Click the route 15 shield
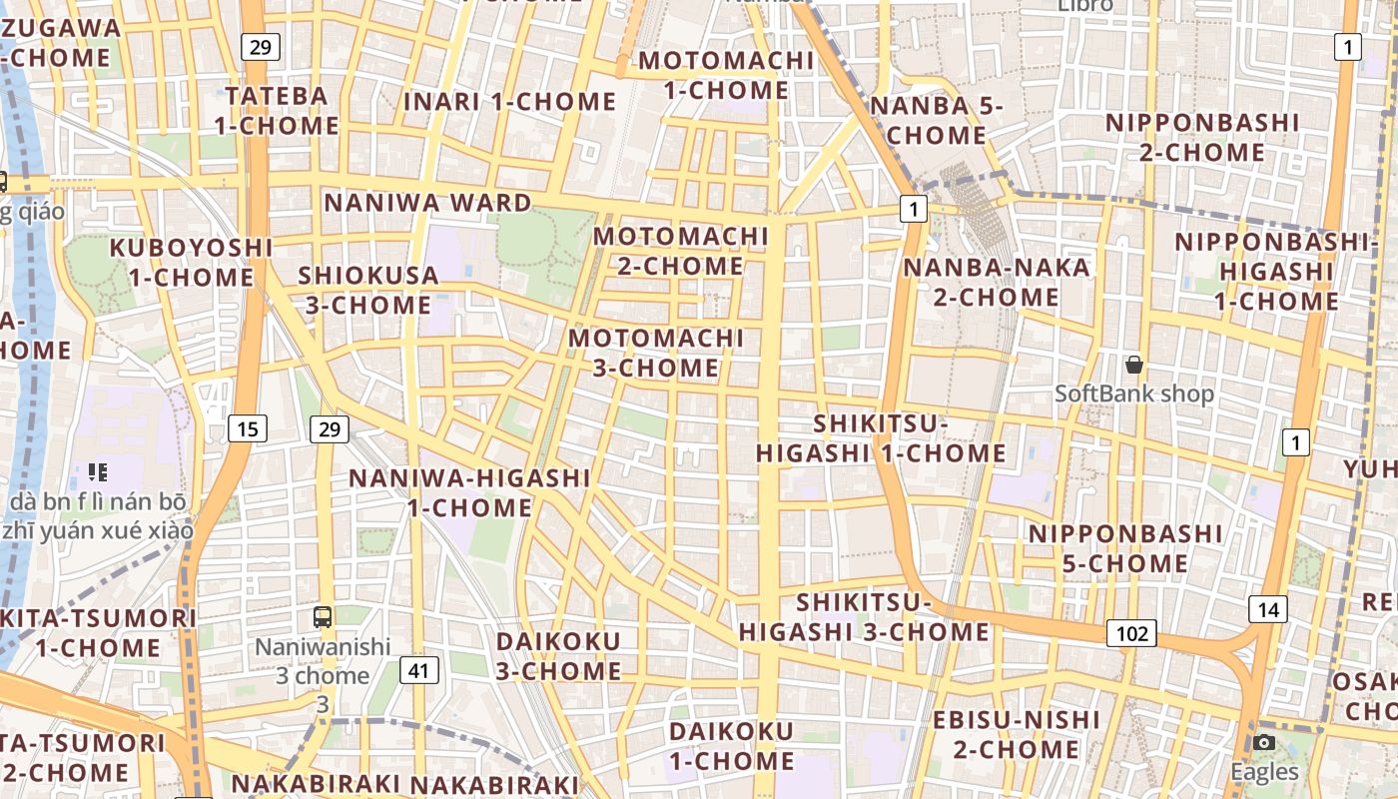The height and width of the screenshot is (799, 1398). [x=248, y=429]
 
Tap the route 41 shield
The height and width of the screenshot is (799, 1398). [x=419, y=669]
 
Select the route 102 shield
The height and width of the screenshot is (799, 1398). [x=1131, y=633]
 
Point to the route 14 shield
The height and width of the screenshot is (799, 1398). [x=1267, y=609]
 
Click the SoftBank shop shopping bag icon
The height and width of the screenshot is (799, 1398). [x=1133, y=365]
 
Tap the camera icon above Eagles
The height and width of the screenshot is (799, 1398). [x=1264, y=742]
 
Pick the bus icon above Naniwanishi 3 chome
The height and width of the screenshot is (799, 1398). [x=323, y=616]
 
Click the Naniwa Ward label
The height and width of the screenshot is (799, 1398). [x=428, y=203]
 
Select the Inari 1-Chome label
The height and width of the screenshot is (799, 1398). [x=509, y=102]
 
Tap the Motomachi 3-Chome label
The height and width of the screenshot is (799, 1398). [x=656, y=353]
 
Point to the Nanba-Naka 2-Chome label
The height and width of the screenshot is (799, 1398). [x=997, y=282]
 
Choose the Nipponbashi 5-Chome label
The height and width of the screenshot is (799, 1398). [x=1125, y=548]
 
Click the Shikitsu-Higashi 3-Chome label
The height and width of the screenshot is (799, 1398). [x=864, y=617]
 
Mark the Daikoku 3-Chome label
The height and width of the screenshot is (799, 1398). [x=558, y=655]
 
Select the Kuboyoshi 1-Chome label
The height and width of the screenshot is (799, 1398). [x=191, y=262]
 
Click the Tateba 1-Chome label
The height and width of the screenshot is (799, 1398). [x=277, y=110]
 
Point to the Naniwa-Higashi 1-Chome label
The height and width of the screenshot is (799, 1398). [x=469, y=492]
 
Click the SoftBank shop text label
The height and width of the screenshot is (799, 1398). [x=1134, y=395]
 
